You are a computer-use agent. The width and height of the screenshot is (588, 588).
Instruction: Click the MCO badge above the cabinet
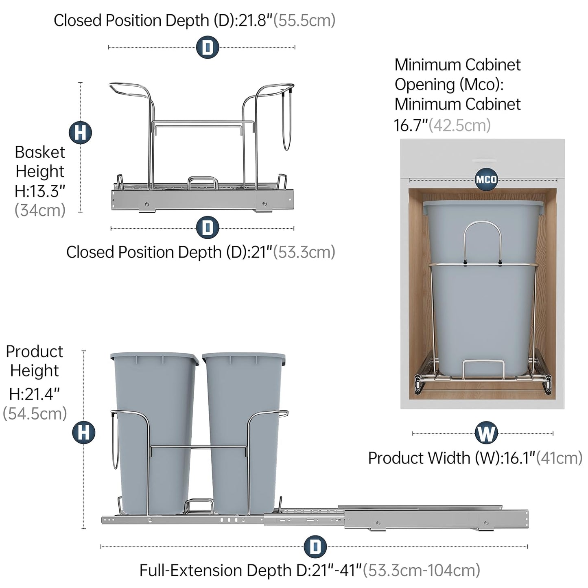[486, 179]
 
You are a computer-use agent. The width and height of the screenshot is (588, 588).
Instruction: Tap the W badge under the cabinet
[486, 433]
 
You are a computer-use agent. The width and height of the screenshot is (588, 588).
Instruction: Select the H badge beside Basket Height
[80, 133]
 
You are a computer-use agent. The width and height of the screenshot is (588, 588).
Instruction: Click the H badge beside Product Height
[84, 432]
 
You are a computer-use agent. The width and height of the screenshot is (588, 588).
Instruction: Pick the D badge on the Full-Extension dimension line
[315, 546]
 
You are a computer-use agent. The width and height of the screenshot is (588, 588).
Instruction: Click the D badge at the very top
[208, 47]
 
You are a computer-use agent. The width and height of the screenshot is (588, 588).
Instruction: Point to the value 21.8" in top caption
[255, 20]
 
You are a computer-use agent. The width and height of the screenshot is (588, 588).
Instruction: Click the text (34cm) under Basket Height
[40, 210]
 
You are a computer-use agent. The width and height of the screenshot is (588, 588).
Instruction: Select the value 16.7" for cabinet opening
[411, 125]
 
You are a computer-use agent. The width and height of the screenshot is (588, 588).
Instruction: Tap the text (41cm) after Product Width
[559, 458]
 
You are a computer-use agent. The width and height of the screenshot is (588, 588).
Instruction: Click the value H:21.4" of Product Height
[35, 393]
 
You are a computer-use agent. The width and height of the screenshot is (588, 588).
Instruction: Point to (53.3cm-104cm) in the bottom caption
[421, 570]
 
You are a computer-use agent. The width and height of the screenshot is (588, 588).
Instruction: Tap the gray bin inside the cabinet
[482, 317]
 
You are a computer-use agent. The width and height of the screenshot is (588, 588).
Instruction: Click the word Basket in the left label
[40, 152]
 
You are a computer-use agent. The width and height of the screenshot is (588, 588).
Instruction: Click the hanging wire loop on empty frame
[287, 122]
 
